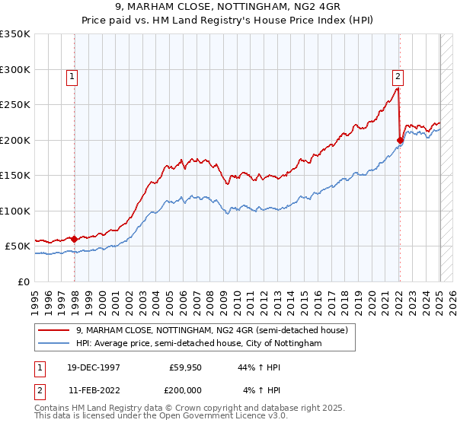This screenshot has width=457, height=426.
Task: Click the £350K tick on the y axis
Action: [15, 34]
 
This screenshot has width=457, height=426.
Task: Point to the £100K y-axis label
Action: [15, 211]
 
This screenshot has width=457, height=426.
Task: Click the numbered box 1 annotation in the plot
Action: [72, 75]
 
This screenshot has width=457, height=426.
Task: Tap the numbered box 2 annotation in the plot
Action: [398, 75]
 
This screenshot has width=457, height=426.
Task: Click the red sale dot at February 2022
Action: [400, 140]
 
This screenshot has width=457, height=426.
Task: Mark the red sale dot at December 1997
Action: [75, 239]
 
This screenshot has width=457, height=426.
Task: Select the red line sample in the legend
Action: [54, 330]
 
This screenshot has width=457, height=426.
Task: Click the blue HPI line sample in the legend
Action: [54, 344]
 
